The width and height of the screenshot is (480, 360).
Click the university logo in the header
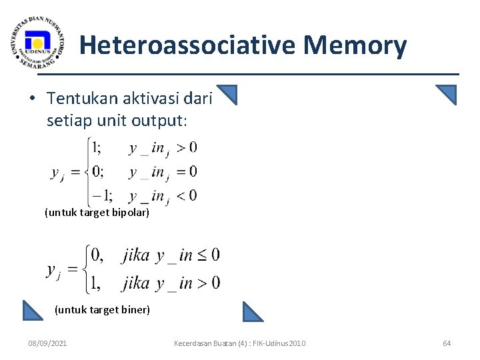pyautogui.click(x=39, y=41)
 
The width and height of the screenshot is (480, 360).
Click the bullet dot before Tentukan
pyautogui.click(x=32, y=99)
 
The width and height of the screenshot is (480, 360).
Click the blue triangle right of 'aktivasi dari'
pyautogui.click(x=227, y=95)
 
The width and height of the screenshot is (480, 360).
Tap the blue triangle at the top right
pyautogui.click(x=447, y=95)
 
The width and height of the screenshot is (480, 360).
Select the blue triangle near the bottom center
pyautogui.click(x=253, y=312)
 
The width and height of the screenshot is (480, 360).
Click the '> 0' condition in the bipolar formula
pyautogui.click(x=187, y=147)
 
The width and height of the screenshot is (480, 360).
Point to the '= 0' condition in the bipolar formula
pyautogui.click(x=187, y=172)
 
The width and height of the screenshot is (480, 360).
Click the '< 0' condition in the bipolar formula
pyautogui.click(x=187, y=196)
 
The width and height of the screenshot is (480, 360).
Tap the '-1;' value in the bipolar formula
pyautogui.click(x=102, y=196)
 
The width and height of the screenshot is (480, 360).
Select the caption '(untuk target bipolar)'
pyautogui.click(x=97, y=213)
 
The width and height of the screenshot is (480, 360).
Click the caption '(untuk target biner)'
pyautogui.click(x=102, y=309)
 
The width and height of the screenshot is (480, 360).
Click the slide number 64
pyautogui.click(x=447, y=343)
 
